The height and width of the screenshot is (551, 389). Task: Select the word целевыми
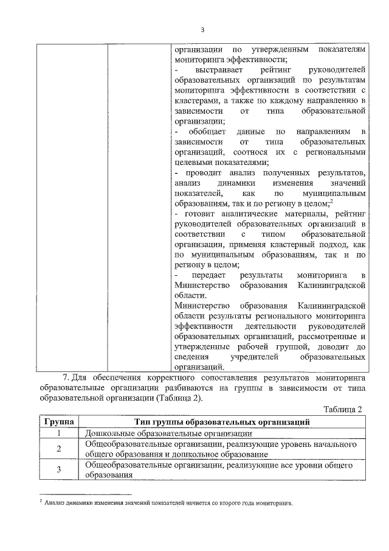[x=192, y=162]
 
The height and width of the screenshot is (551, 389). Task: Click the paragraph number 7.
[x=66, y=377]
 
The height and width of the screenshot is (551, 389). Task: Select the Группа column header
[x=59, y=421]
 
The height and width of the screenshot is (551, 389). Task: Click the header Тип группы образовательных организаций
[x=222, y=421]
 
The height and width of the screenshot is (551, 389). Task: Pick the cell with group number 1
[x=59, y=433]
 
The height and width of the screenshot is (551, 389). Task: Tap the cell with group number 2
[x=59, y=449]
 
